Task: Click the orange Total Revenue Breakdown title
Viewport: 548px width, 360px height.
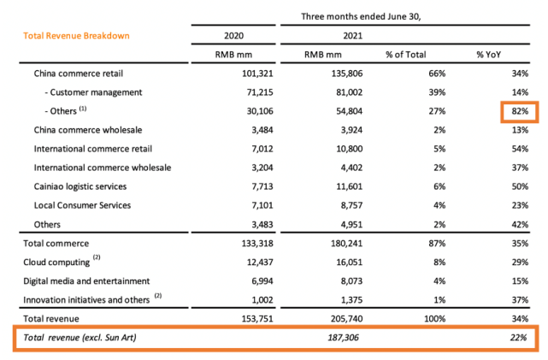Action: [76, 36]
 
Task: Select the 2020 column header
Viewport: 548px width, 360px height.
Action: [233, 36]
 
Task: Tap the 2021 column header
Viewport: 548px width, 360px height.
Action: [352, 36]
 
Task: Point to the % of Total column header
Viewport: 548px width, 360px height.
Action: [406, 55]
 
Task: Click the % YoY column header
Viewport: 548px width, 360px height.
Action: [489, 55]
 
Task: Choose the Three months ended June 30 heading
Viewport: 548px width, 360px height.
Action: [361, 16]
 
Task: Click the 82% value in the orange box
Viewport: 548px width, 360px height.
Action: [520, 111]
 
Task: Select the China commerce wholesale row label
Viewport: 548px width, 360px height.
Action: [88, 130]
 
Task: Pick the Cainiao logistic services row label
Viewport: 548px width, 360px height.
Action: [80, 186]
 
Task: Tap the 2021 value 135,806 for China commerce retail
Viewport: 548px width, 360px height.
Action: [347, 74]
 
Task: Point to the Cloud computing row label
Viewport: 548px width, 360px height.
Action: [56, 263]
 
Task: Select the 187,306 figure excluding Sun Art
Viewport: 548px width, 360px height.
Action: [343, 337]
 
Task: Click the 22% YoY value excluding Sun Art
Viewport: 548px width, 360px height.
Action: [518, 337]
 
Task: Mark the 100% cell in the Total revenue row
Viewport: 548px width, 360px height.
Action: [435, 319]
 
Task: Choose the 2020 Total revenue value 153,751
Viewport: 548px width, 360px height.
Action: [257, 319]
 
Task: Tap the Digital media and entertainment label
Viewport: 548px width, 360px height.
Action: [86, 281]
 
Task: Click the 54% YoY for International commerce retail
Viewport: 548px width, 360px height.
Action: [520, 149]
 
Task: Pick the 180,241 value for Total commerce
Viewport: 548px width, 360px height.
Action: [347, 243]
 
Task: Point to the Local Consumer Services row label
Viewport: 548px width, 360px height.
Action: [82, 205]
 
